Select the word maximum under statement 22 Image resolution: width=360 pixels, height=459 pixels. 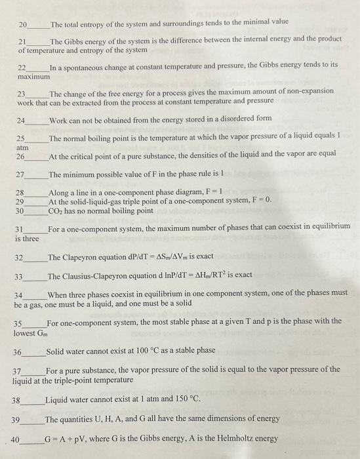[33, 77]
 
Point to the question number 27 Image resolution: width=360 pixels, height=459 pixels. [20, 175]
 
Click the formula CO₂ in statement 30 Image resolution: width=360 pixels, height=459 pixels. [56, 211]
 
